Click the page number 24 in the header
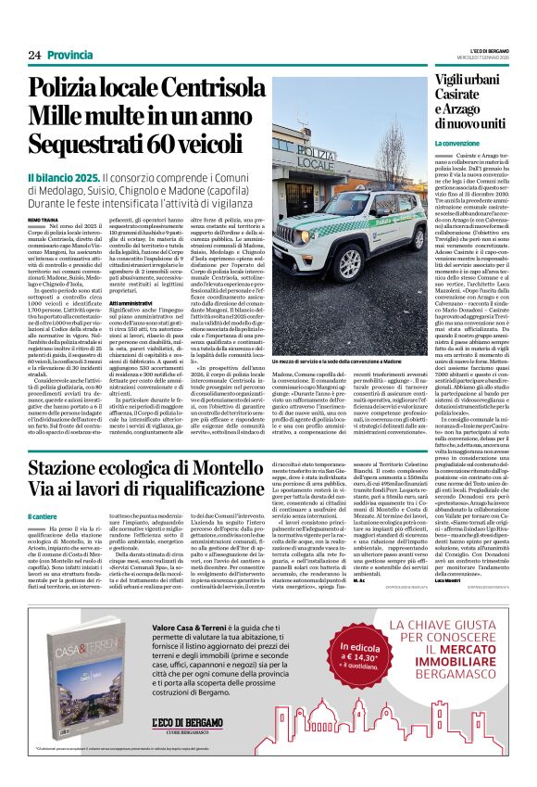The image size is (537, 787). [33, 55]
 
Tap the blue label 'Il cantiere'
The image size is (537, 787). [43, 516]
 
